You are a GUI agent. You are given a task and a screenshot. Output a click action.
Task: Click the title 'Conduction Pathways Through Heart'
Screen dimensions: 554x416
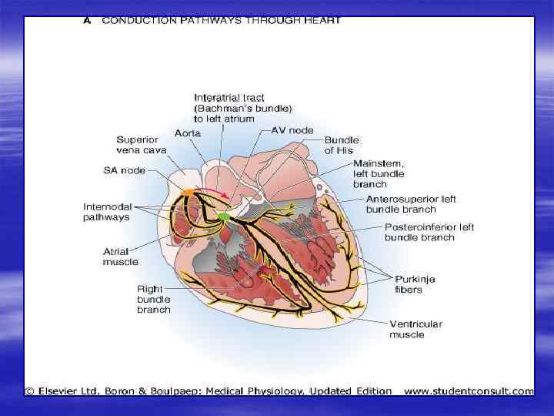[221, 21]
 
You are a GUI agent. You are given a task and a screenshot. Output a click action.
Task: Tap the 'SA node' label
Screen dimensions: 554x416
[125, 170]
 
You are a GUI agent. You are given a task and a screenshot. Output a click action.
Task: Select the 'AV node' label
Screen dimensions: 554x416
[292, 130]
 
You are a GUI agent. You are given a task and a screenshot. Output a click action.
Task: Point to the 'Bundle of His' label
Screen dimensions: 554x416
[341, 146]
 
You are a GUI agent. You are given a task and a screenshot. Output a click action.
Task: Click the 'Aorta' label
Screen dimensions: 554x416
[188, 133]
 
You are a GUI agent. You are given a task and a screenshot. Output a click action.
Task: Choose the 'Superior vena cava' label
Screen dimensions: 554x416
[138, 145]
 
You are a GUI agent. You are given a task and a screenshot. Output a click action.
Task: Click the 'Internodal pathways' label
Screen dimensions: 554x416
[106, 212]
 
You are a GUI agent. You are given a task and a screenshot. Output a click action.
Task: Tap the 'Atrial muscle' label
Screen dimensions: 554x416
[120, 257]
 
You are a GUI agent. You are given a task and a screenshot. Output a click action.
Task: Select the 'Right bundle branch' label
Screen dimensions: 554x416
[154, 299]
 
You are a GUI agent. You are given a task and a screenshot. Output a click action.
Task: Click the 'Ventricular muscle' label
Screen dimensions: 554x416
[415, 329]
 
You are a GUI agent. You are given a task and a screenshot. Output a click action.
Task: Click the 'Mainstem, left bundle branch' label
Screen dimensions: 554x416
[379, 174]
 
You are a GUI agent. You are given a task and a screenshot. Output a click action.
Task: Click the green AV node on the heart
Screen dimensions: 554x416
[223, 217]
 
